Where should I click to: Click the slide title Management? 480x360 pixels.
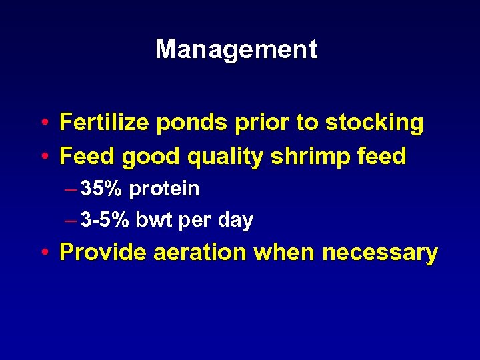tap(236, 49)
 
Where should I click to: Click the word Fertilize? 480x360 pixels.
tap(97, 123)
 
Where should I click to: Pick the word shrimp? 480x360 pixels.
tap(300, 157)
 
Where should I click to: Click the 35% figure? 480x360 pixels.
tap(101, 189)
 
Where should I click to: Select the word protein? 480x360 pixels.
tap(164, 189)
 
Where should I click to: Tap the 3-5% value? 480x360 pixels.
tap(105, 220)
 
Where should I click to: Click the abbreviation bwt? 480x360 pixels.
tap(153, 220)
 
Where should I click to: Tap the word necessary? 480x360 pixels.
tap(379, 253)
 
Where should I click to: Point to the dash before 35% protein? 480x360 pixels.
tap(71, 189)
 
